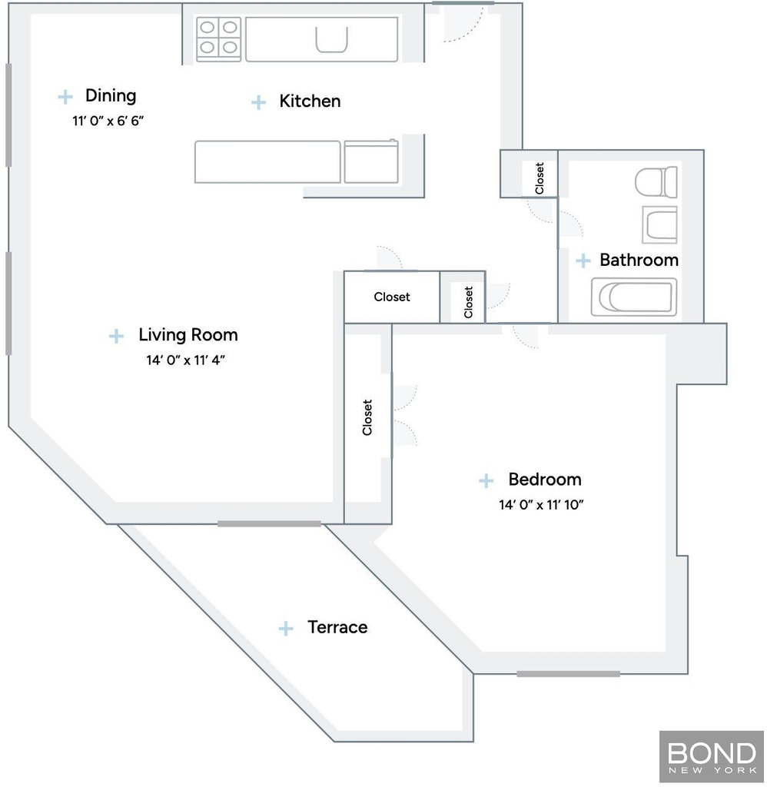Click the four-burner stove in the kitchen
(x=218, y=39)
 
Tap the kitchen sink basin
(x=331, y=40)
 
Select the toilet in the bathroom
(x=656, y=181)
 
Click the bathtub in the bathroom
(x=634, y=297)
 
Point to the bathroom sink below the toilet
(x=659, y=224)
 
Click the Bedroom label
(x=545, y=480)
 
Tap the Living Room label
(x=188, y=335)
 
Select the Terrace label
(x=337, y=627)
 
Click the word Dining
(x=111, y=95)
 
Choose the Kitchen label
(x=310, y=101)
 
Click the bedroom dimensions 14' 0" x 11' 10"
(x=541, y=504)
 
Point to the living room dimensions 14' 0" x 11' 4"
(x=186, y=360)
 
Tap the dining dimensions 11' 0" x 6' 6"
(x=108, y=121)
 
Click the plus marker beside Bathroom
(x=583, y=261)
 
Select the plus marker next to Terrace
(x=286, y=628)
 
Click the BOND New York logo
(x=712, y=757)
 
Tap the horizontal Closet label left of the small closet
(x=391, y=297)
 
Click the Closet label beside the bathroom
(x=540, y=178)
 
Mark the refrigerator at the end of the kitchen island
(x=371, y=161)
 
